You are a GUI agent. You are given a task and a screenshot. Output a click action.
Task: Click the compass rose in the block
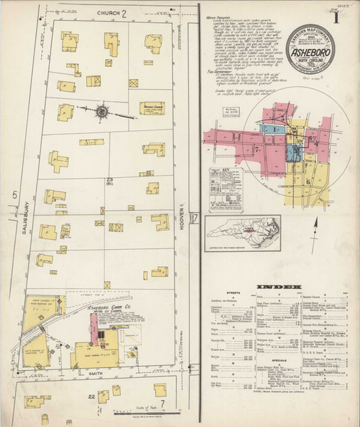102,110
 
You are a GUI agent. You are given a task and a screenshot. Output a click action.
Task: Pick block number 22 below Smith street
90,396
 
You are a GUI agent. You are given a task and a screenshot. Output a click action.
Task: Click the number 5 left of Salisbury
14,193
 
